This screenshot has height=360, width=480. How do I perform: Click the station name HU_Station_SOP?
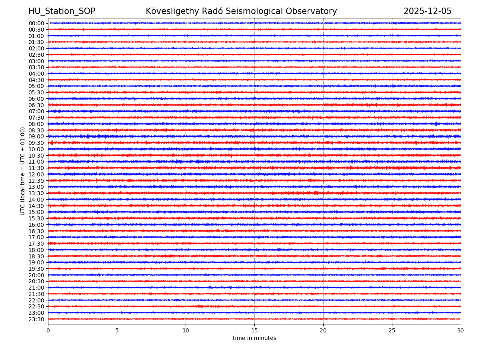[62, 11]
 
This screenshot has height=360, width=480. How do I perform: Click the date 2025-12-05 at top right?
[427, 11]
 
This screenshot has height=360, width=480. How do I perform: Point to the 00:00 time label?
[36, 23]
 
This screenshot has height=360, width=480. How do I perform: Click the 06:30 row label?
[36, 105]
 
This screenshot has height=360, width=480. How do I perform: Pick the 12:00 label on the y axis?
[36, 174]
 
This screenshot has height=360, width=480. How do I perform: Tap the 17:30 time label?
[36, 244]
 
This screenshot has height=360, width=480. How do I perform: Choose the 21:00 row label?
[36, 288]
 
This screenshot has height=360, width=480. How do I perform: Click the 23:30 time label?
[36, 319]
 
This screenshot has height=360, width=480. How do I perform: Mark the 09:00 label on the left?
[36, 136]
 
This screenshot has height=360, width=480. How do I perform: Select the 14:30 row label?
[36, 206]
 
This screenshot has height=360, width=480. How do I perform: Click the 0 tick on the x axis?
[48, 330]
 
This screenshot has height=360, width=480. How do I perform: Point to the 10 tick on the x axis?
[186, 330]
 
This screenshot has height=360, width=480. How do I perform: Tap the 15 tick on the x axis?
[254, 330]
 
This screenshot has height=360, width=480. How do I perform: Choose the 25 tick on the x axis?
[392, 330]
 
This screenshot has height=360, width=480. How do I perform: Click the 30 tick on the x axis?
[461, 330]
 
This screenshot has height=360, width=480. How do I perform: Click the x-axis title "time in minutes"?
[254, 338]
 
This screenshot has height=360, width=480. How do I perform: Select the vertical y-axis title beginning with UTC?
[23, 171]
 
